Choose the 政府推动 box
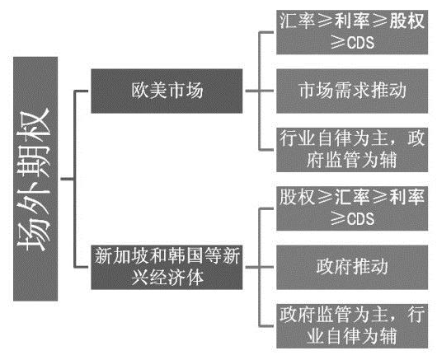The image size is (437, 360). pos(350,267)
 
